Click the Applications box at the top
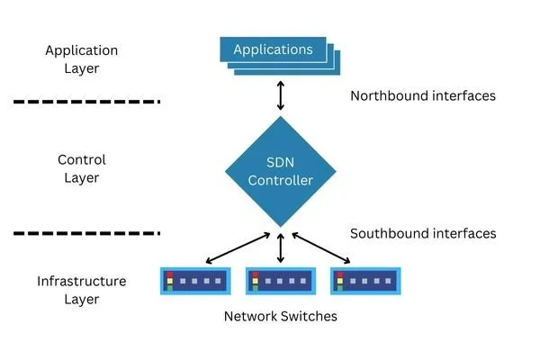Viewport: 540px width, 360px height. click(273, 49)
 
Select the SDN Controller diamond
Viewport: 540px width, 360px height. click(281, 171)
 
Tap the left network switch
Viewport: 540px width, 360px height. click(195, 281)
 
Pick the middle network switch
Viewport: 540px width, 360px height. click(281, 281)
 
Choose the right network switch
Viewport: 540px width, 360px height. click(365, 281)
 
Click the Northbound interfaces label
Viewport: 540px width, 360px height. click(422, 95)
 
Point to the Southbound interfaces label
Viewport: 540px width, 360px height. click(422, 233)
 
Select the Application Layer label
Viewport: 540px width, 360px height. click(81, 59)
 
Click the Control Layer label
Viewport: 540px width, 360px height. click(81, 168)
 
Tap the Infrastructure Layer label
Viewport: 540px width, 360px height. click(81, 290)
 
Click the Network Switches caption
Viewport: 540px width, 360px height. click(280, 317)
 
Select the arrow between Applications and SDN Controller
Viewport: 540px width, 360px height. click(281, 94)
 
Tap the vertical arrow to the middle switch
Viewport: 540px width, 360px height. click(281, 247)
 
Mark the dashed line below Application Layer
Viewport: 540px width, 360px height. click(87, 102)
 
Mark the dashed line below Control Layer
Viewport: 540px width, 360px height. click(87, 234)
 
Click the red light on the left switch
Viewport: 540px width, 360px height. click(168, 274)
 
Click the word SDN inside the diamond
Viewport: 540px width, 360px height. click(281, 162)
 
